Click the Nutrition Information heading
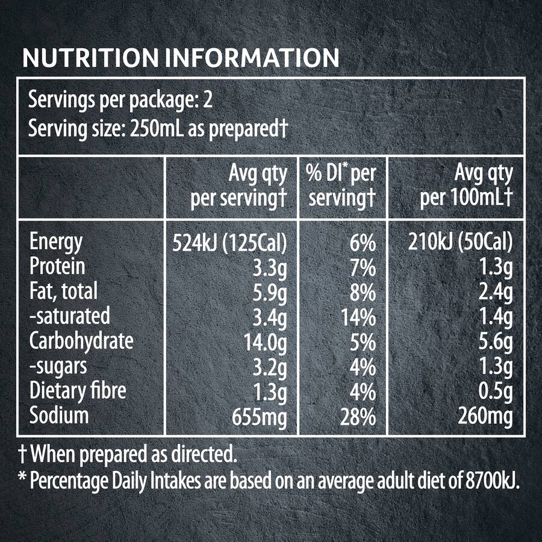[180, 58]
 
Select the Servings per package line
[120, 100]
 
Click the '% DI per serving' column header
[342, 186]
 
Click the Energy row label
[56, 243]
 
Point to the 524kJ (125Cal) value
[229, 243]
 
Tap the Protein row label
[58, 267]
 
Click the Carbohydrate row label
[81, 341]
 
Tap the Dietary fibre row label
[78, 391]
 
